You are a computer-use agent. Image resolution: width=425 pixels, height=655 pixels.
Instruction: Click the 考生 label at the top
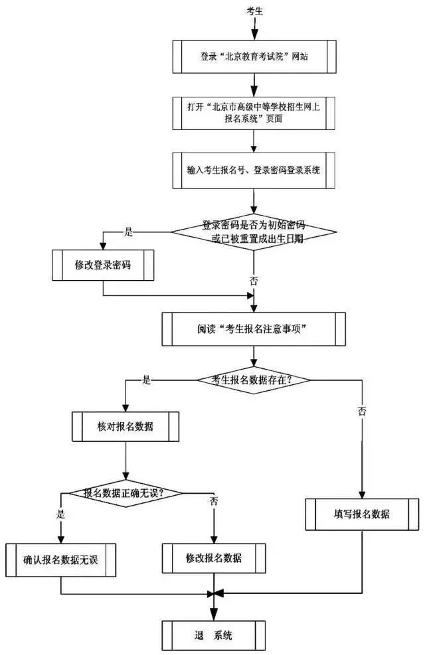255,12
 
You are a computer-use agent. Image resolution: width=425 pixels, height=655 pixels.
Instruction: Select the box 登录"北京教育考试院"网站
254,56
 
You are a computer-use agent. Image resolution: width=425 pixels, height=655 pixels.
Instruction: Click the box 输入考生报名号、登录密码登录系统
254,170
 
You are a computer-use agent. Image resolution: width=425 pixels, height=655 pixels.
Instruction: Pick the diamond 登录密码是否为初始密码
254,232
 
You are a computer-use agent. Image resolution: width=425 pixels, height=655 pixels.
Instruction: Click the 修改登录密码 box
103,265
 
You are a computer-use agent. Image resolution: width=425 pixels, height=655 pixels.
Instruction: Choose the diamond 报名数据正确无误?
125,493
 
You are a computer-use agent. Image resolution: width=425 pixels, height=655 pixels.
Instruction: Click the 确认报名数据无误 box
60,558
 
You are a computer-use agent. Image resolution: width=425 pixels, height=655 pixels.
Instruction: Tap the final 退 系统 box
214,636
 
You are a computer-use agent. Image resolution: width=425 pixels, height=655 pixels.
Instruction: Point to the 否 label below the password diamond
254,281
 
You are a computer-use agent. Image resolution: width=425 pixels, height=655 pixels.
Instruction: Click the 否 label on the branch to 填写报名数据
362,411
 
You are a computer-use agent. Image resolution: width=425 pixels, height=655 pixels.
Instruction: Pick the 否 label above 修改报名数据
214,500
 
